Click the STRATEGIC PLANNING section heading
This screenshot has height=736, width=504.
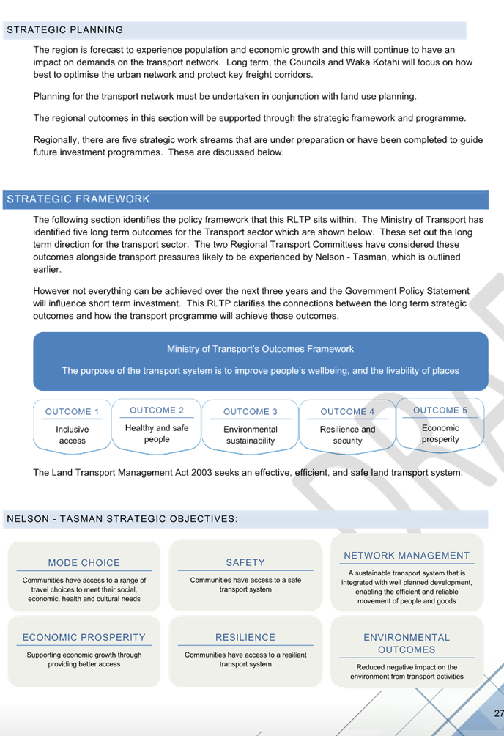[64, 29]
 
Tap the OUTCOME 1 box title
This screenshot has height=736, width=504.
[72, 412]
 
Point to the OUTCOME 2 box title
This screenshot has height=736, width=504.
[157, 411]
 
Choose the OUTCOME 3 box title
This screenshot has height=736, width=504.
[250, 412]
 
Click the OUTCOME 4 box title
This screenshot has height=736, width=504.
[347, 412]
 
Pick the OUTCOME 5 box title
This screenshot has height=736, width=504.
[440, 411]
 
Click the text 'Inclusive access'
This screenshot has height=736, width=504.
[73, 435]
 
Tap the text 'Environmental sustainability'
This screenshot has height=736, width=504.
[250, 435]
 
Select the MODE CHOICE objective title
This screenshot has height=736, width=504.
[84, 562]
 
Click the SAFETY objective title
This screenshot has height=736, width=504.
[245, 562]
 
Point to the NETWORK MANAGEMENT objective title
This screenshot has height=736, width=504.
[407, 555]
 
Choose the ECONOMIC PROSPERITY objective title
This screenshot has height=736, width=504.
[84, 637]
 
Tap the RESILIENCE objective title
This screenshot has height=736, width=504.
[245, 637]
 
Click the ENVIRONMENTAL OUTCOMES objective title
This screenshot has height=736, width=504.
[407, 644]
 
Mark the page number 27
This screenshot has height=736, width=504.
[499, 713]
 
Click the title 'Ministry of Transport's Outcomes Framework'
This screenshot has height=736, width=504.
[261, 349]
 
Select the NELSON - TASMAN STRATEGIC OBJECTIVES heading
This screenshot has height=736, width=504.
[122, 519]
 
